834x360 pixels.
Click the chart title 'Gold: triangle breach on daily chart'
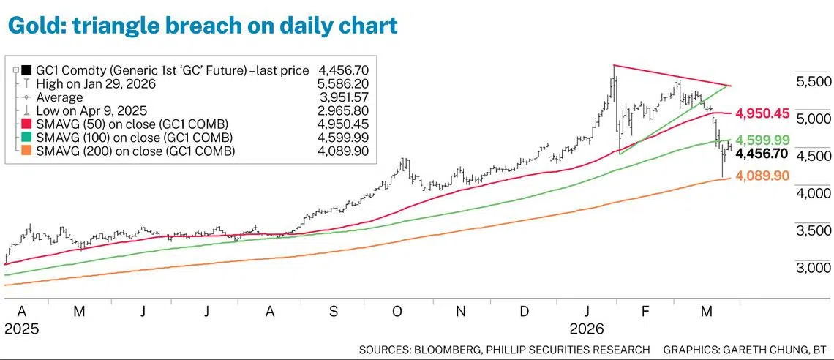pos(203,26)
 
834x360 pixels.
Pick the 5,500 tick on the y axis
pos(813,80)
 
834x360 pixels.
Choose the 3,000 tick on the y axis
pos(813,269)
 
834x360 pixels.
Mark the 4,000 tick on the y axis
pos(813,193)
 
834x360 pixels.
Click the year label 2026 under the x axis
pos(589,329)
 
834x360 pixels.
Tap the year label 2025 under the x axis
pos(22,329)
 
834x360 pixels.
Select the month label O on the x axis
pos(397,312)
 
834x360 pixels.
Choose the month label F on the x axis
pos(645,312)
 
